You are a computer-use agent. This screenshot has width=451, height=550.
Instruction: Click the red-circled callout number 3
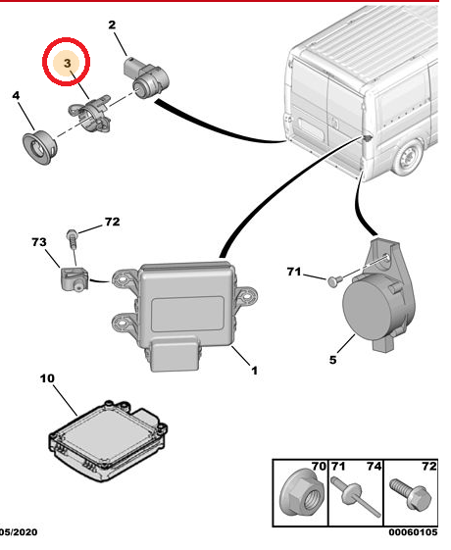(x=67, y=63)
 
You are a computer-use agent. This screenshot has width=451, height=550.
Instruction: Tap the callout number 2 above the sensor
(x=112, y=25)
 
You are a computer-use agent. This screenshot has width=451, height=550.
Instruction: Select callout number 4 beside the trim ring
(x=16, y=95)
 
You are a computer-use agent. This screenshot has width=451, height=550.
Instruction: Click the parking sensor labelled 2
(x=147, y=77)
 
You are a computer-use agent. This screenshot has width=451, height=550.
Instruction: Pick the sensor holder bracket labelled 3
(x=90, y=114)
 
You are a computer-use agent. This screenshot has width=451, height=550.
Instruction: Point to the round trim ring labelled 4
(x=39, y=147)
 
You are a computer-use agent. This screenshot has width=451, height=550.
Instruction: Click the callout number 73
(x=39, y=242)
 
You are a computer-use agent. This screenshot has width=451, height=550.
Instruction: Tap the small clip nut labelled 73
(x=74, y=278)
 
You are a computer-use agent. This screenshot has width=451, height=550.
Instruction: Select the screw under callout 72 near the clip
(x=72, y=238)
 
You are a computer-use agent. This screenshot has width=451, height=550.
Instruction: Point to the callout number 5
(x=332, y=360)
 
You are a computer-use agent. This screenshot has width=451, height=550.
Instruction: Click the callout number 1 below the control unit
(x=254, y=371)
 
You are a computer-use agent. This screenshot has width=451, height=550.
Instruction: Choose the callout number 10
(x=47, y=378)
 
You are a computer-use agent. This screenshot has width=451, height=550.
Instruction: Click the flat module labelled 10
(x=107, y=440)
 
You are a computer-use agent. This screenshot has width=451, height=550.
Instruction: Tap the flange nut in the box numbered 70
(x=302, y=495)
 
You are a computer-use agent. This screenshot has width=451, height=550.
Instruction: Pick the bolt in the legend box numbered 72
(x=411, y=494)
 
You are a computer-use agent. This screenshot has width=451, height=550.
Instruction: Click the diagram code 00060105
(x=413, y=532)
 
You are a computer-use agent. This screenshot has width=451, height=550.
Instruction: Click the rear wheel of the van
(x=409, y=158)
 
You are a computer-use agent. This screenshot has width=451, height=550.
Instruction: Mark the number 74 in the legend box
(x=374, y=466)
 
